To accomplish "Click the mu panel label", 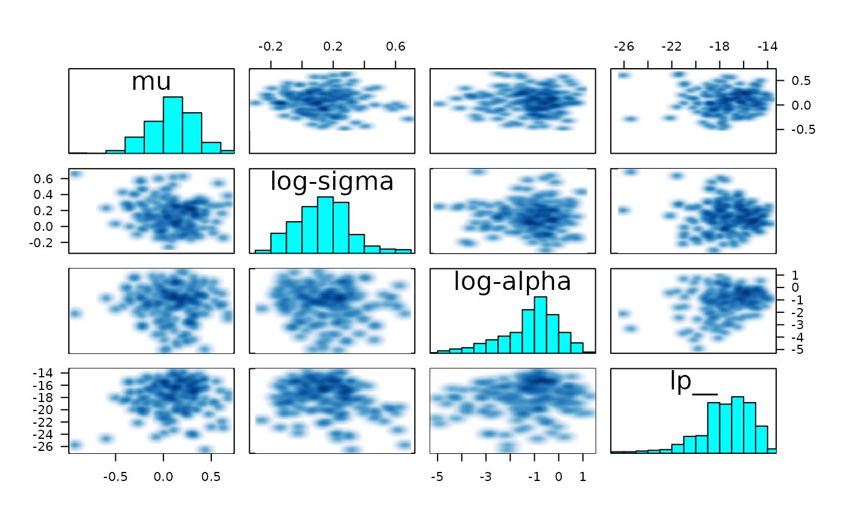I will click(x=151, y=81).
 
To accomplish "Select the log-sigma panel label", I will click(x=331, y=181).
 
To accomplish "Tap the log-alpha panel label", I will click(x=512, y=281).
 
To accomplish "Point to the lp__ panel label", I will click(x=692, y=382).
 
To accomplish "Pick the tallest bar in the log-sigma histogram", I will click(x=325, y=224).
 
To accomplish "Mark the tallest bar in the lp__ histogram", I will click(x=738, y=424).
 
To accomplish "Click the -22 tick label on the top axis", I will click(x=671, y=47).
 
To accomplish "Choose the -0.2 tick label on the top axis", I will click(x=271, y=47).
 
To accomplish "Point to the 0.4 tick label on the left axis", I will click(x=48, y=195).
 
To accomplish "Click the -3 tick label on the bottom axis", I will click(x=485, y=478).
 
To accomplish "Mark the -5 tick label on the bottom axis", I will click(x=437, y=478).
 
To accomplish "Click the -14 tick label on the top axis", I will click(x=767, y=47).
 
